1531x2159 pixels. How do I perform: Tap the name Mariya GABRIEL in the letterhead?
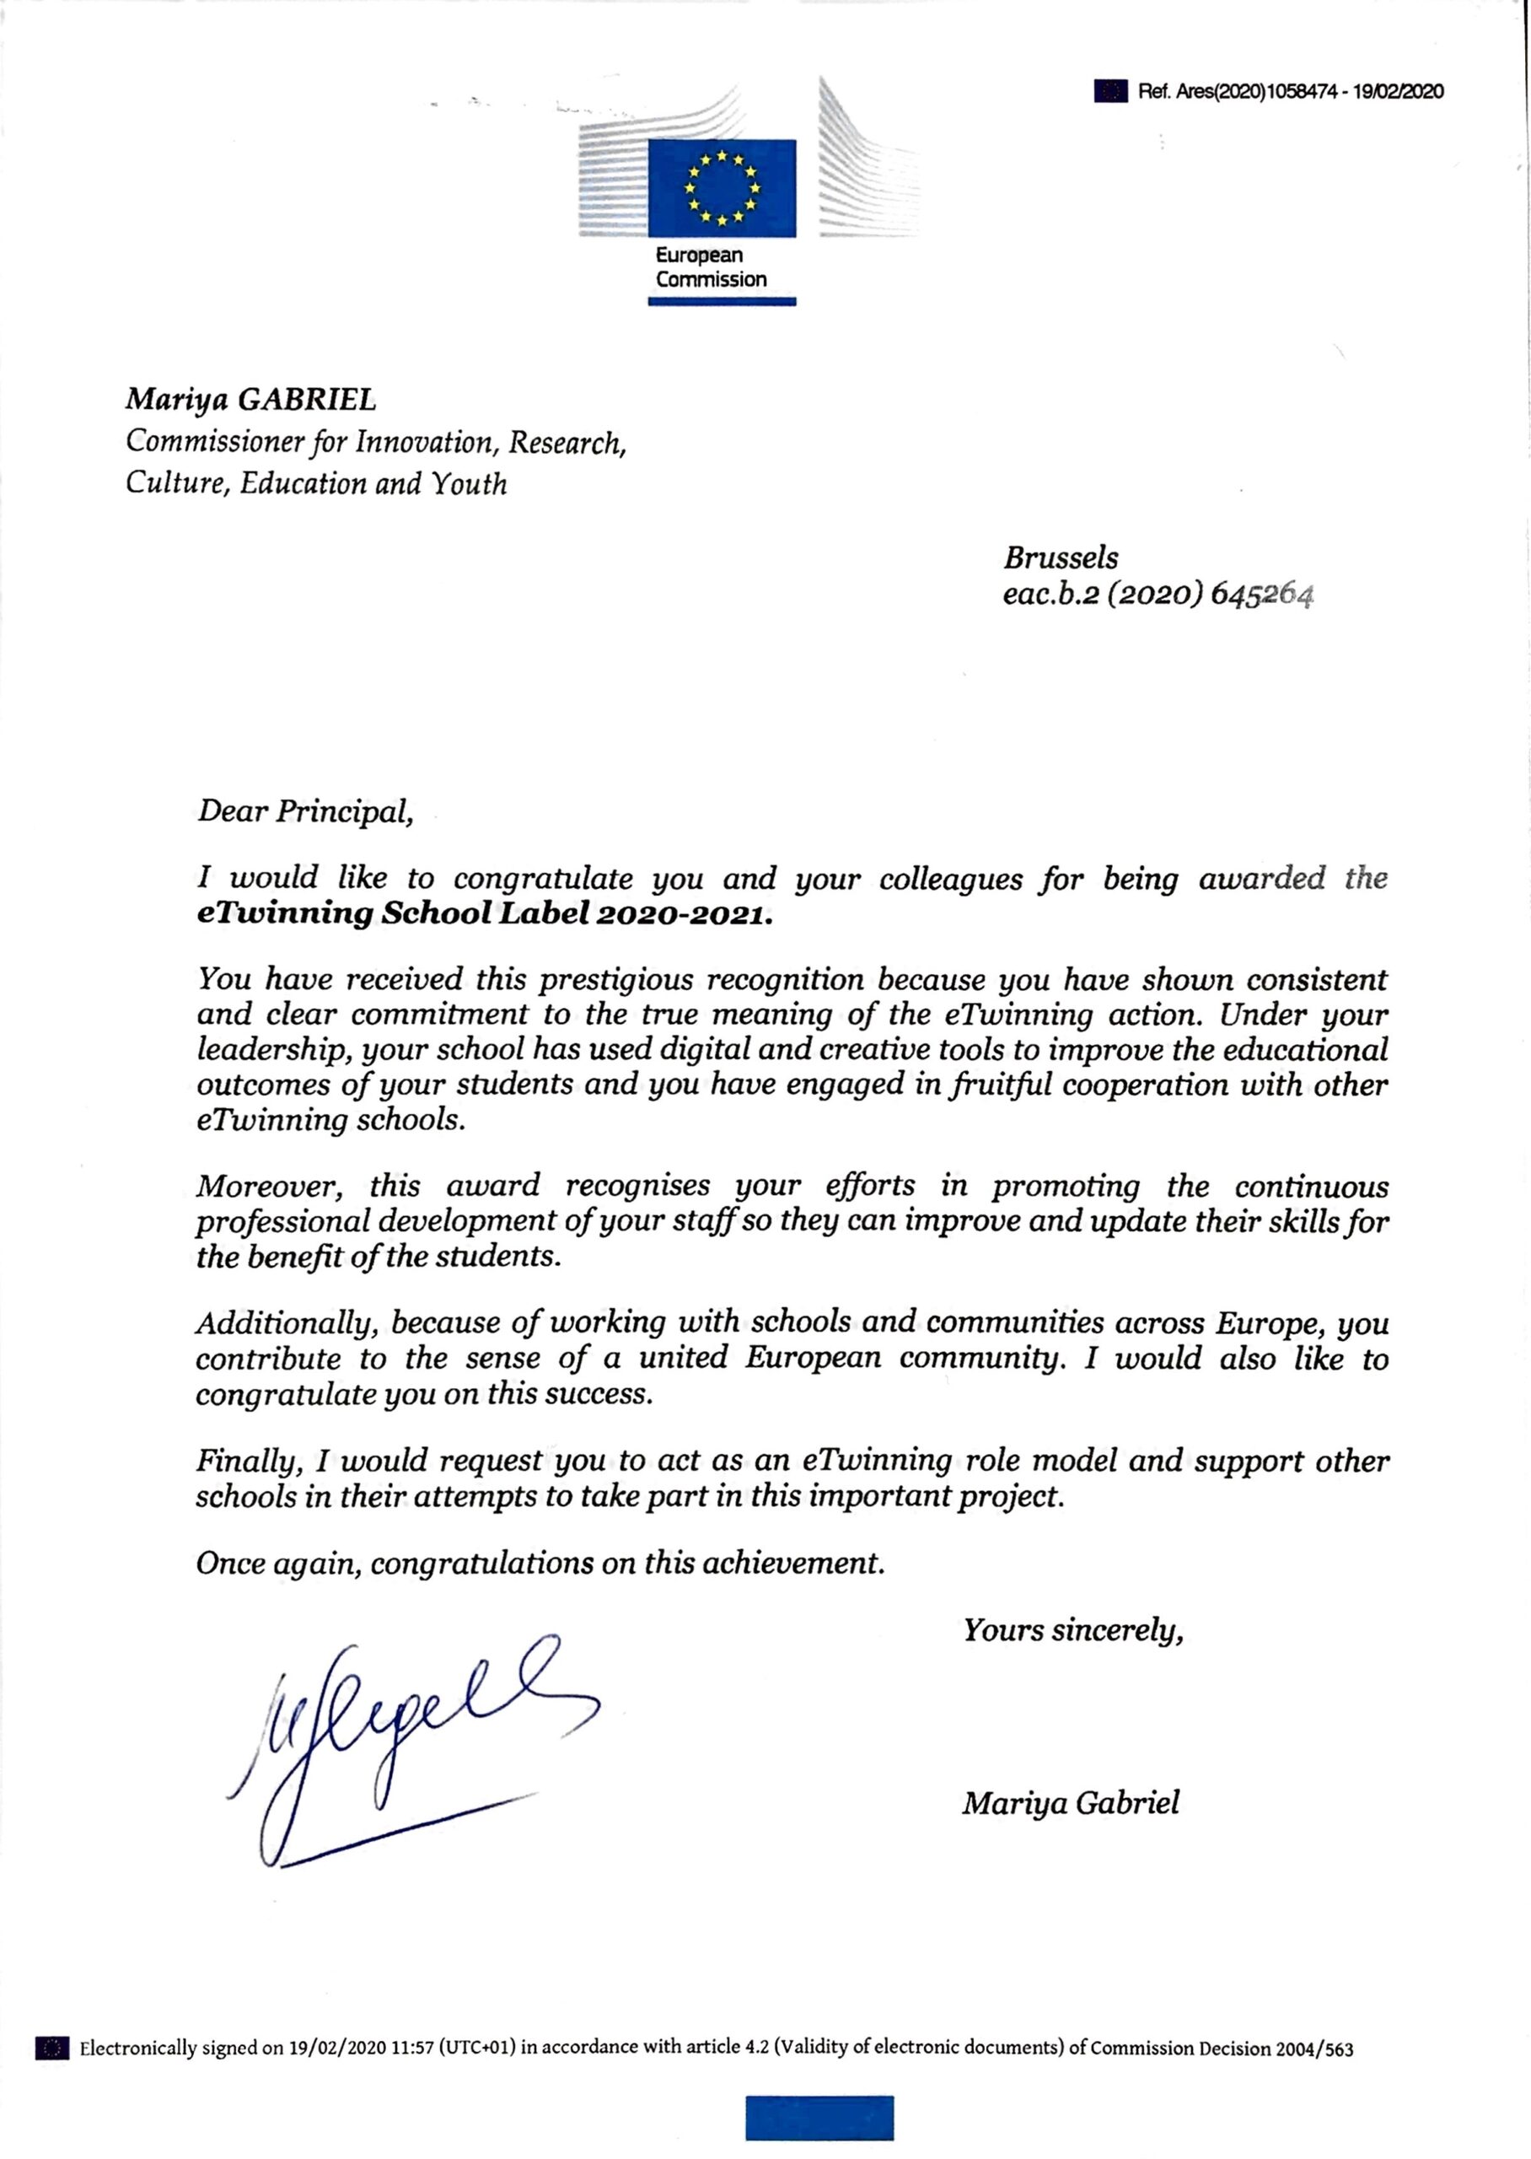(250, 400)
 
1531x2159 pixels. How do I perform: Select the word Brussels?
(1061, 557)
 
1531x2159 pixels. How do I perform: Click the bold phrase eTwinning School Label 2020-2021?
(484, 914)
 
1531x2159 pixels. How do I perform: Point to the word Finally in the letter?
(250, 1461)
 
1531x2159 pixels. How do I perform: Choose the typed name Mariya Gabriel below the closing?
(1070, 1802)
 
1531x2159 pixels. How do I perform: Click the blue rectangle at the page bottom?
(819, 2118)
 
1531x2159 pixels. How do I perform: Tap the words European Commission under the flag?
(711, 267)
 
